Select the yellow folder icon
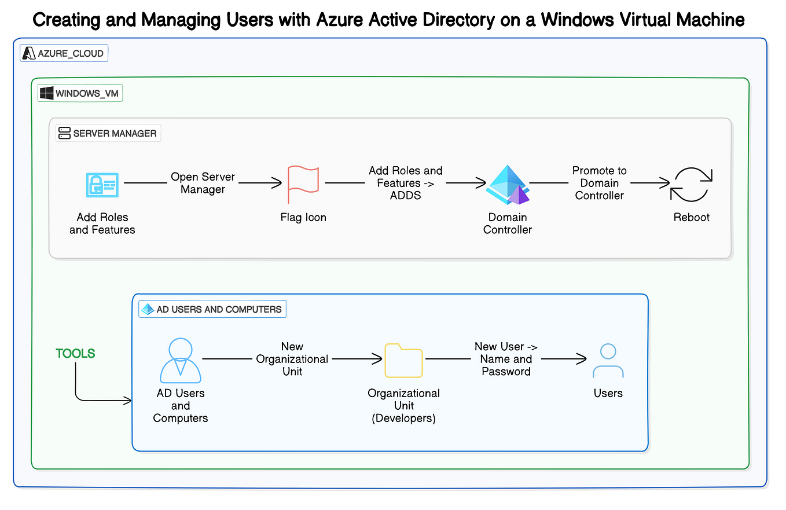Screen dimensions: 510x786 point(403,360)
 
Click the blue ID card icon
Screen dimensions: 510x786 point(102,185)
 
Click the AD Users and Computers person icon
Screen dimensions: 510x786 point(181,359)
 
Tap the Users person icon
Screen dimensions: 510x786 point(608,361)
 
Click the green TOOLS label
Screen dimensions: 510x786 point(75,354)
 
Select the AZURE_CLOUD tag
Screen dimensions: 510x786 point(64,54)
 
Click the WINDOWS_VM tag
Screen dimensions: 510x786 point(80,93)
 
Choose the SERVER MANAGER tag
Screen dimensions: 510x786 point(108,133)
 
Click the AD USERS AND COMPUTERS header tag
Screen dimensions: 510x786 point(212,309)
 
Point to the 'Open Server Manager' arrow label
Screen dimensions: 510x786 point(203,183)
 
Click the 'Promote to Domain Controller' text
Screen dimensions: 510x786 point(599,183)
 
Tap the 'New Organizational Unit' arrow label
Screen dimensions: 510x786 point(292,359)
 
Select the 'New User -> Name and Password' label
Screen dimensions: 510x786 point(506,359)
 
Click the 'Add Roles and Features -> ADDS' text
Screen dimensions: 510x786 point(405,183)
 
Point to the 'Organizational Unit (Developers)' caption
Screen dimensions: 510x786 point(403,405)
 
